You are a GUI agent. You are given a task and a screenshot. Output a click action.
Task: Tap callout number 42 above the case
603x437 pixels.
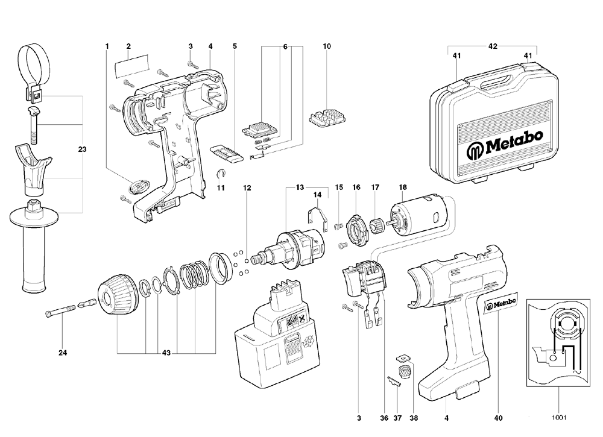[x=493, y=46]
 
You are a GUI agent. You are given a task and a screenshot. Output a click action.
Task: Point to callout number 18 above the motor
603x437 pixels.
[x=403, y=187]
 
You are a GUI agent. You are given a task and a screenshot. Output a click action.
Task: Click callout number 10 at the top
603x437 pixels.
[x=327, y=46]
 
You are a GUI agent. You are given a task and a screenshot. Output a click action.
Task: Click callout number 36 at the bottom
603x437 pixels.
[x=384, y=416]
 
